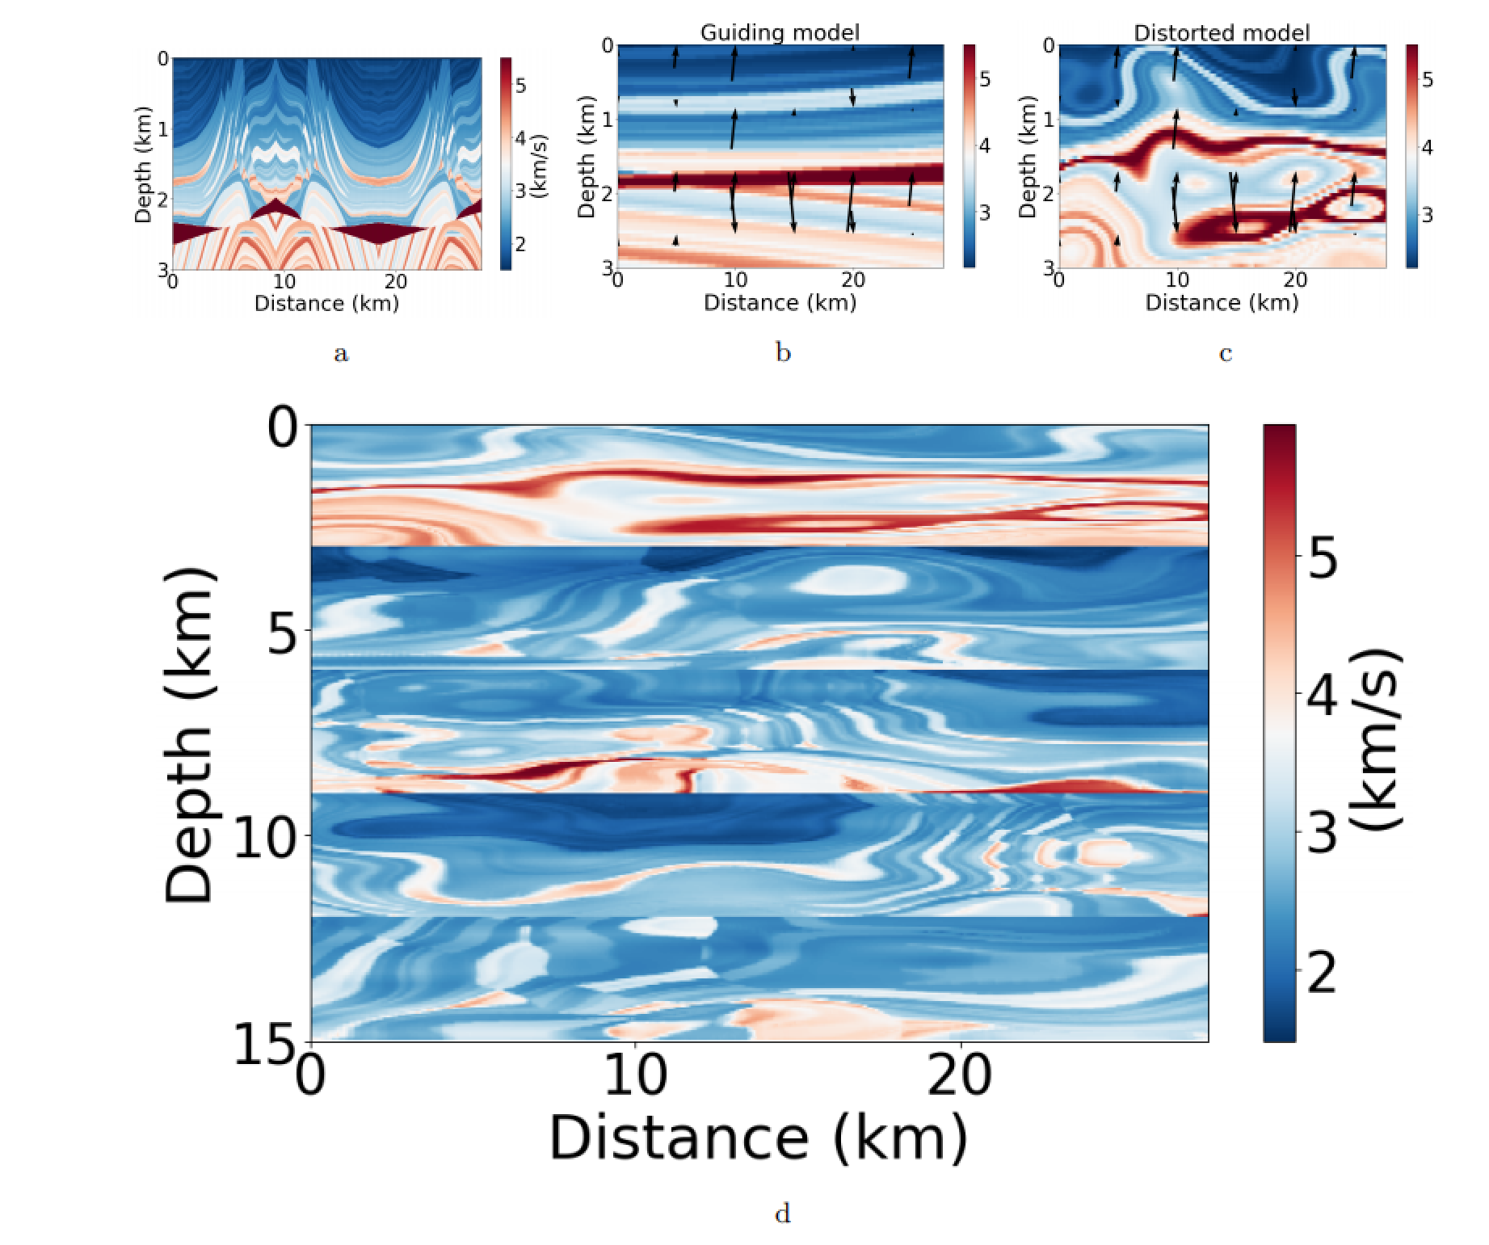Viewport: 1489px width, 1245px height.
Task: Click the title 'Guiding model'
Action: (x=780, y=32)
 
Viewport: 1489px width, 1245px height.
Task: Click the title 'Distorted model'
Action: (x=1222, y=32)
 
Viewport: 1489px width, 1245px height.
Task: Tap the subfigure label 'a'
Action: (x=341, y=353)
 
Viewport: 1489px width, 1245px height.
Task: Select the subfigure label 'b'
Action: (x=783, y=352)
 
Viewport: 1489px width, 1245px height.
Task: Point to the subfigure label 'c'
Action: (x=1225, y=353)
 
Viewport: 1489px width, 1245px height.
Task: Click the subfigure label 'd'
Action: (x=782, y=1213)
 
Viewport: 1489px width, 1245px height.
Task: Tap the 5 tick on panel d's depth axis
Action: (x=283, y=633)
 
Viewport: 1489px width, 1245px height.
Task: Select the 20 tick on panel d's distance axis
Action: (x=960, y=1075)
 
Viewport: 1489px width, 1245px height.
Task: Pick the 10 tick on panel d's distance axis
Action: (x=635, y=1075)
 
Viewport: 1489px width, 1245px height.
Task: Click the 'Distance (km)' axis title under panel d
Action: (x=758, y=1138)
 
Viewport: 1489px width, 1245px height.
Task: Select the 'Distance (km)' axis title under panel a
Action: (x=326, y=303)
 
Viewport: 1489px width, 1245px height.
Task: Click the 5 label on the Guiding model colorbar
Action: (x=985, y=79)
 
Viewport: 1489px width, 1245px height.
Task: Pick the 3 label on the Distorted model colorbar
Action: (x=1427, y=215)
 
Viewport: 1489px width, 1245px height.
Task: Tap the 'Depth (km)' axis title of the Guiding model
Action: (x=587, y=157)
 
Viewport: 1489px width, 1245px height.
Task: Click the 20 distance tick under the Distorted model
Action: (x=1295, y=280)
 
